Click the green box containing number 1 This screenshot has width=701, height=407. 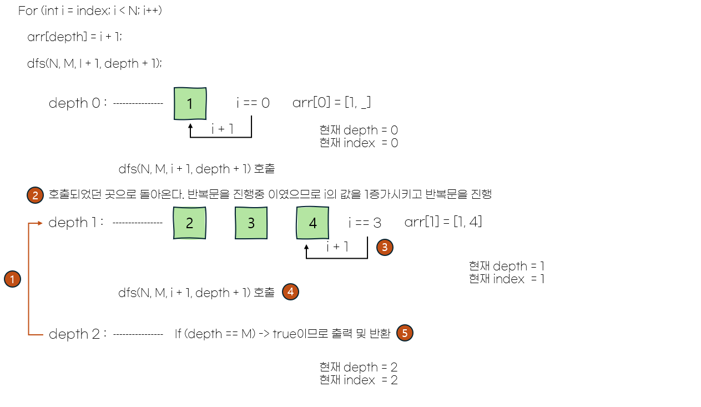pyautogui.click(x=190, y=103)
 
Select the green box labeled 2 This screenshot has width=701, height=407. pyautogui.click(x=190, y=223)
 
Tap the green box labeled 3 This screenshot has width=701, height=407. pyautogui.click(x=251, y=223)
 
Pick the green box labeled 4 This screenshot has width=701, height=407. pyautogui.click(x=312, y=223)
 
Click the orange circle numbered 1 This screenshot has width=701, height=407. pyautogui.click(x=12, y=279)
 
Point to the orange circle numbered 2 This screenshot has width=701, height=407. pyautogui.click(x=35, y=195)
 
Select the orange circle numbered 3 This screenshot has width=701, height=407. pyautogui.click(x=385, y=247)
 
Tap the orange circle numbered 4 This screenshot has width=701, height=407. pyautogui.click(x=290, y=292)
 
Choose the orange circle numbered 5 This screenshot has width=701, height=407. pyautogui.click(x=405, y=333)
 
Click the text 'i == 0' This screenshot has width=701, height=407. pyautogui.click(x=253, y=103)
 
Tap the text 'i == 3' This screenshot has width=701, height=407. pyautogui.click(x=365, y=223)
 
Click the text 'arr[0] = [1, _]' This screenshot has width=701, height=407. pyautogui.click(x=331, y=103)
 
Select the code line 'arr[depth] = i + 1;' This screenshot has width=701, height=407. pyautogui.click(x=74, y=37)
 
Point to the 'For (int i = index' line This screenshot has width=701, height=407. pyautogui.click(x=90, y=11)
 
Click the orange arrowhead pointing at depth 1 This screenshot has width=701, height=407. pyautogui.click(x=40, y=223)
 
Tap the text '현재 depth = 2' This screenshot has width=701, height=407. pyautogui.click(x=359, y=367)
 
